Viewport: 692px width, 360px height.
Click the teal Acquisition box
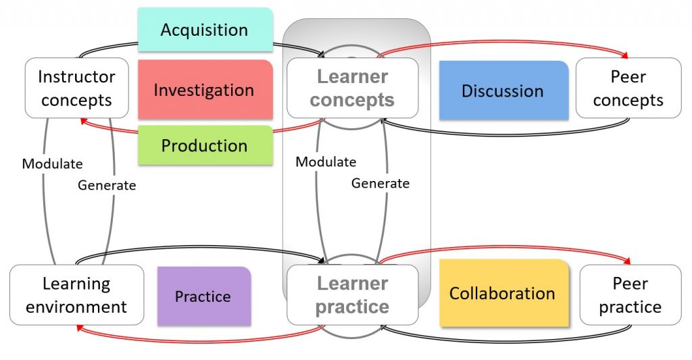(x=205, y=30)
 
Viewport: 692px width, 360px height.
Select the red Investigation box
(x=205, y=90)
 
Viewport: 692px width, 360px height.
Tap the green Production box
(x=205, y=145)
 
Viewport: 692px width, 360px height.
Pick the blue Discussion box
(x=503, y=91)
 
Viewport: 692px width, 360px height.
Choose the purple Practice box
(x=204, y=296)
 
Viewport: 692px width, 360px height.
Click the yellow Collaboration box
(x=503, y=293)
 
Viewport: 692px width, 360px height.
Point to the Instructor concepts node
(x=77, y=88)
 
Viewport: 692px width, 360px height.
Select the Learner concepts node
(x=353, y=88)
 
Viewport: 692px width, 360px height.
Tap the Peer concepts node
(x=628, y=88)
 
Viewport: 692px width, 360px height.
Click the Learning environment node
(x=77, y=294)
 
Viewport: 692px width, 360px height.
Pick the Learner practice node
(x=353, y=294)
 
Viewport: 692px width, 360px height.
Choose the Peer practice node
(x=631, y=294)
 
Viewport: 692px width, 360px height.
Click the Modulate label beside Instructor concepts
(x=53, y=163)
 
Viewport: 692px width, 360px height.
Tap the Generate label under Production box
(x=107, y=185)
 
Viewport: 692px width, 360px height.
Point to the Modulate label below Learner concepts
(x=326, y=161)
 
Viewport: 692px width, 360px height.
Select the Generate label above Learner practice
(x=380, y=183)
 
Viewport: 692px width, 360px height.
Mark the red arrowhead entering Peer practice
(x=626, y=261)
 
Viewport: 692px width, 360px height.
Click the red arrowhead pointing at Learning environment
(x=80, y=328)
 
